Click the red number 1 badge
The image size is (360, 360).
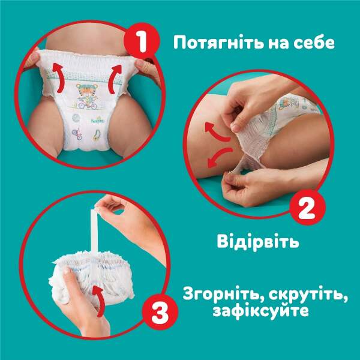click(142, 41)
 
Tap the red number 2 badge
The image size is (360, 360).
click(307, 208)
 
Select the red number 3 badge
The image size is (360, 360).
click(160, 312)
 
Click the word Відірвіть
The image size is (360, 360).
click(258, 241)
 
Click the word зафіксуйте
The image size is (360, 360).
click(260, 311)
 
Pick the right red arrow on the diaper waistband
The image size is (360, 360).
click(115, 79)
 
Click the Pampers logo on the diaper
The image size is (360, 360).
click(97, 120)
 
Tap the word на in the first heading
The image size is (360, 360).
click(278, 44)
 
